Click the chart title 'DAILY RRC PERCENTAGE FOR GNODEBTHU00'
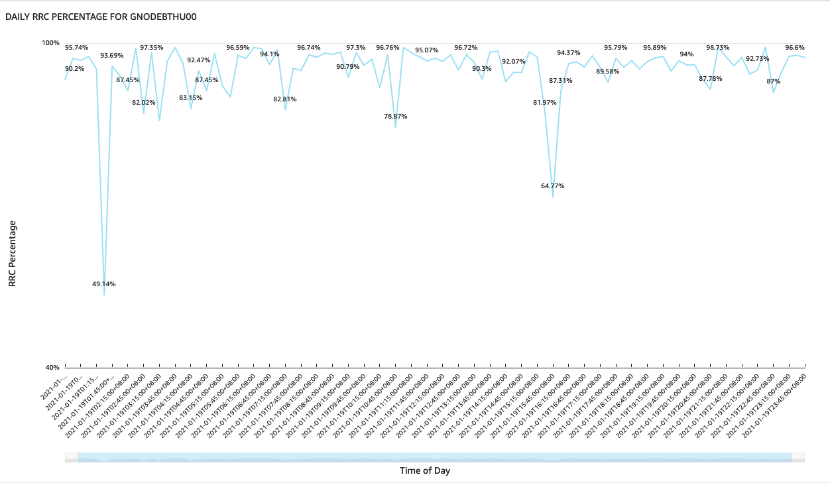coord(101,17)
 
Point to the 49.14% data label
coord(104,284)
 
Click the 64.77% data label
coord(553,186)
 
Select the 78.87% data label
coord(396,116)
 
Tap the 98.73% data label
coord(718,48)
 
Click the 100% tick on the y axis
coord(51,43)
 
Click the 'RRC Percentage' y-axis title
coord(13,254)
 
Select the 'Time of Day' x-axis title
coord(425,470)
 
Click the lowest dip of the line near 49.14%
coord(104,294)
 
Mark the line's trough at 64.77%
coord(553,197)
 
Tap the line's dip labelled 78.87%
coord(396,127)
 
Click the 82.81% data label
coord(285,99)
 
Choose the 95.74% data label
coord(77,48)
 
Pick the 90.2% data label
coord(74,69)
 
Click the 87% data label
coord(774,81)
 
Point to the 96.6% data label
coord(795,48)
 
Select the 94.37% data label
coord(569,53)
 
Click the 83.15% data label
coord(191,98)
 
